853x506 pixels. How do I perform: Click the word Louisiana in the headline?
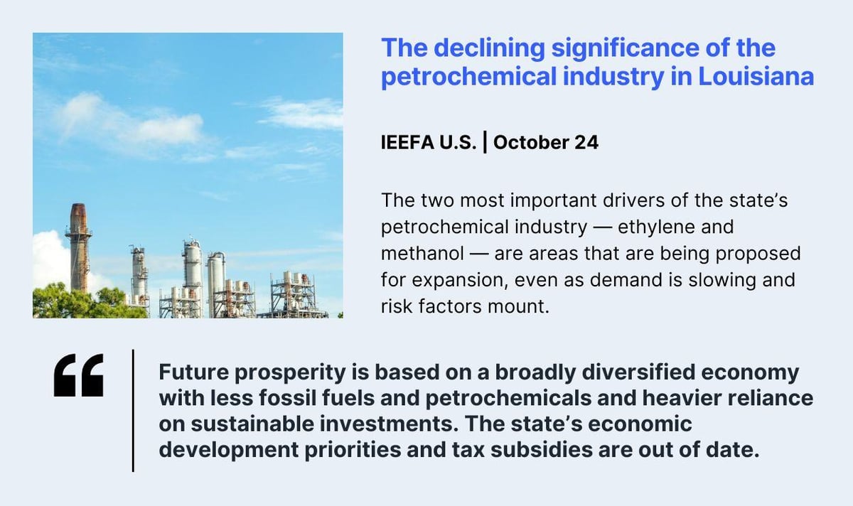click(x=756, y=75)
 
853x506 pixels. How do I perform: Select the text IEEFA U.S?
click(x=429, y=143)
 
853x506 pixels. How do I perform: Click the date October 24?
click(x=545, y=143)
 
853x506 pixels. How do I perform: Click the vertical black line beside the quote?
click(x=133, y=410)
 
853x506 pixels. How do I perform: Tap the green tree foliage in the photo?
click(x=78, y=302)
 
